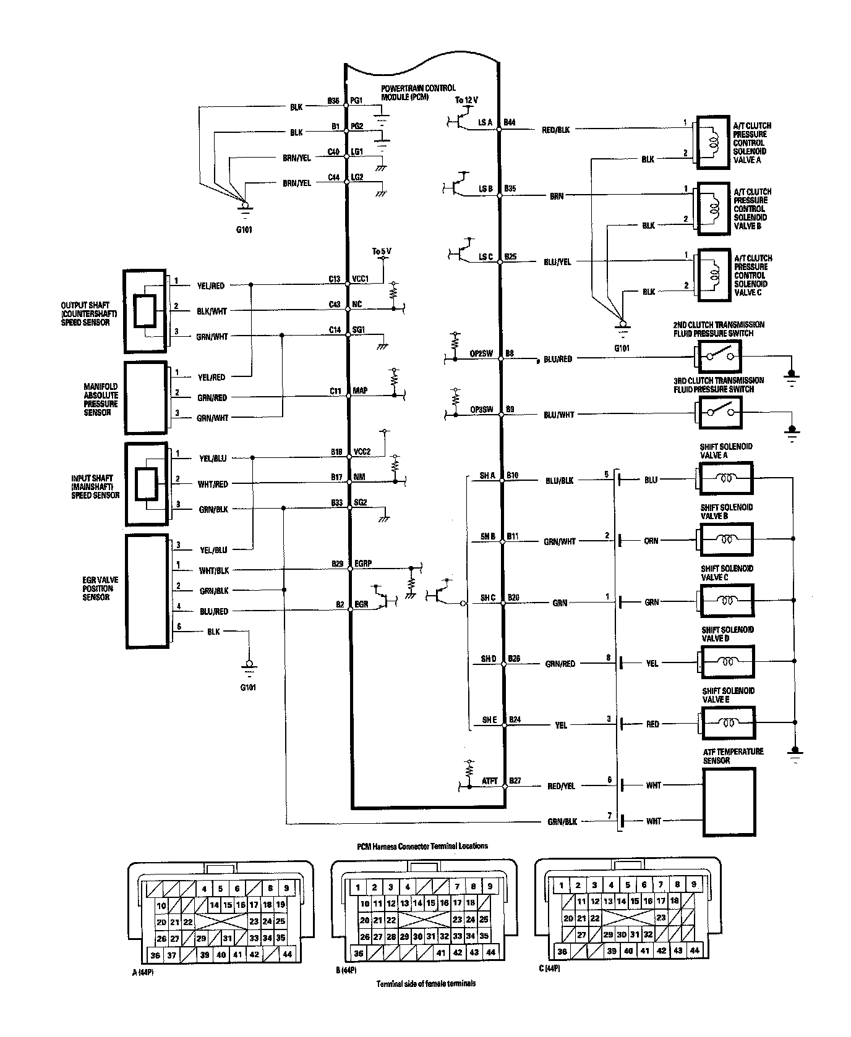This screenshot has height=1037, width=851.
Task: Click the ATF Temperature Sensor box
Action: (729, 802)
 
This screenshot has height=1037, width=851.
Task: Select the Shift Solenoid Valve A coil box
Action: (725, 478)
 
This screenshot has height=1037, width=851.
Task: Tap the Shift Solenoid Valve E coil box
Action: (728, 723)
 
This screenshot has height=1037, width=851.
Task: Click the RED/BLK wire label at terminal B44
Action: (556, 130)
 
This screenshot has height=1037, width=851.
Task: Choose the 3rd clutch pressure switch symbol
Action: (719, 413)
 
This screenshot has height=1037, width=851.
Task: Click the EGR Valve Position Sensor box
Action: (147, 591)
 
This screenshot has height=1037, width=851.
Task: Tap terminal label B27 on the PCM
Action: (514, 781)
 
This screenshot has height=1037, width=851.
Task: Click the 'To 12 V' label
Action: (466, 100)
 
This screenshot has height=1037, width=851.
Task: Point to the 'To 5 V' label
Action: (382, 252)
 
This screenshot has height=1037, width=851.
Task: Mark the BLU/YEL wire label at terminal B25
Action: (556, 262)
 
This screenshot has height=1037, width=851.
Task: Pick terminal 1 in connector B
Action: (358, 887)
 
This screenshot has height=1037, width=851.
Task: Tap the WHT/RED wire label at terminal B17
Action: (213, 484)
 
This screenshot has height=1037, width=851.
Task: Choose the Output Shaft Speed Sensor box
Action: (145, 307)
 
